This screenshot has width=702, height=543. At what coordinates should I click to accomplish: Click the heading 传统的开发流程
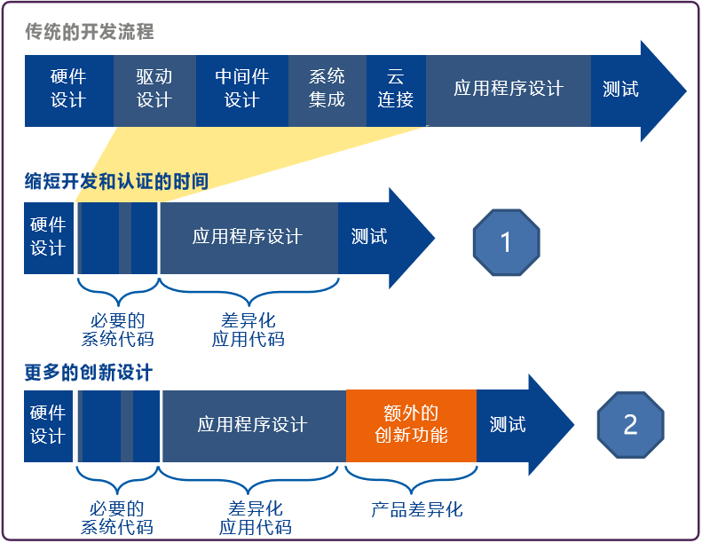(x=89, y=33)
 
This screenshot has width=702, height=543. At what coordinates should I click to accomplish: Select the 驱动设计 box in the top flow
(x=154, y=90)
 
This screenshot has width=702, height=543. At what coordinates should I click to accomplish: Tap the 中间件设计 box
(x=241, y=90)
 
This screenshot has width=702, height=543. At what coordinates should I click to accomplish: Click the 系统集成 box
(x=327, y=90)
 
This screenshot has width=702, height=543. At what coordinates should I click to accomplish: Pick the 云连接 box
(x=395, y=90)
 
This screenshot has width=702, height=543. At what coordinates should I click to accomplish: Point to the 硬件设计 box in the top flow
(x=68, y=90)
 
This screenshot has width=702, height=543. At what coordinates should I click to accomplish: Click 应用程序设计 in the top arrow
(x=508, y=90)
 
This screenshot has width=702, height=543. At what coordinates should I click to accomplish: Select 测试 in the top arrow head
(x=620, y=90)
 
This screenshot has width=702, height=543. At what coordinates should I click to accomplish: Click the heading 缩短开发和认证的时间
(x=116, y=183)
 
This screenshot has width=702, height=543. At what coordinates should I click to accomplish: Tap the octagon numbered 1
(x=507, y=241)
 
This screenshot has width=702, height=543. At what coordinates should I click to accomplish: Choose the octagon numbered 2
(x=630, y=424)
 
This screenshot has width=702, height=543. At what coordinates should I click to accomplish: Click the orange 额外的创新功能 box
(x=411, y=425)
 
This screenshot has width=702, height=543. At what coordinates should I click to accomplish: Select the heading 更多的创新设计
(x=89, y=372)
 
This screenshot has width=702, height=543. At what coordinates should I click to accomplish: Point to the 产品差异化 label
(x=417, y=509)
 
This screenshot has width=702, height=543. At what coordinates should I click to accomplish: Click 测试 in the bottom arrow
(x=508, y=425)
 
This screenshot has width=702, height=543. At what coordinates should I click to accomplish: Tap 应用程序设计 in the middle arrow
(x=248, y=237)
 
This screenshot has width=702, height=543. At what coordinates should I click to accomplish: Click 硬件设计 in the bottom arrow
(x=48, y=425)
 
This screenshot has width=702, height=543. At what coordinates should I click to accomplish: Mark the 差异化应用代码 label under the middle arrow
(x=248, y=330)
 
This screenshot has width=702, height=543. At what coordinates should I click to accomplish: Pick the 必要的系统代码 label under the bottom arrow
(x=117, y=518)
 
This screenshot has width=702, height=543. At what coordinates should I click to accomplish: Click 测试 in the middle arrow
(x=369, y=237)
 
